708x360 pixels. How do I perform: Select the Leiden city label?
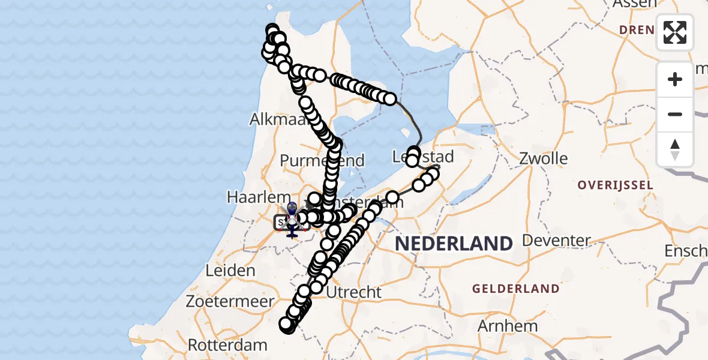click(230, 271)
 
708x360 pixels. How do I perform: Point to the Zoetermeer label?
click(230, 302)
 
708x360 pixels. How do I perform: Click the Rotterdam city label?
click(228, 345)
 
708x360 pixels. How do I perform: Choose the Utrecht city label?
click(355, 292)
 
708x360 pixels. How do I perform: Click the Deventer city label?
click(556, 241)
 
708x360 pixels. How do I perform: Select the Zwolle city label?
click(545, 159)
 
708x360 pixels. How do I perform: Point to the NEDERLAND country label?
click(454, 244)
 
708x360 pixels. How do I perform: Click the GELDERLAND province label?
click(516, 289)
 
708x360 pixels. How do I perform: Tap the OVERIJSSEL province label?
click(615, 185)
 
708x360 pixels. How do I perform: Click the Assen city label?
click(634, 4)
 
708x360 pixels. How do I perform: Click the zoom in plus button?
click(675, 79)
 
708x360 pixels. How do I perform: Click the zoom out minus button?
click(675, 114)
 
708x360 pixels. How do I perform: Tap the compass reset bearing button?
click(675, 149)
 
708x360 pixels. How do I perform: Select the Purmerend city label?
click(322, 161)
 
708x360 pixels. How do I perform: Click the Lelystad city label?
click(423, 157)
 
